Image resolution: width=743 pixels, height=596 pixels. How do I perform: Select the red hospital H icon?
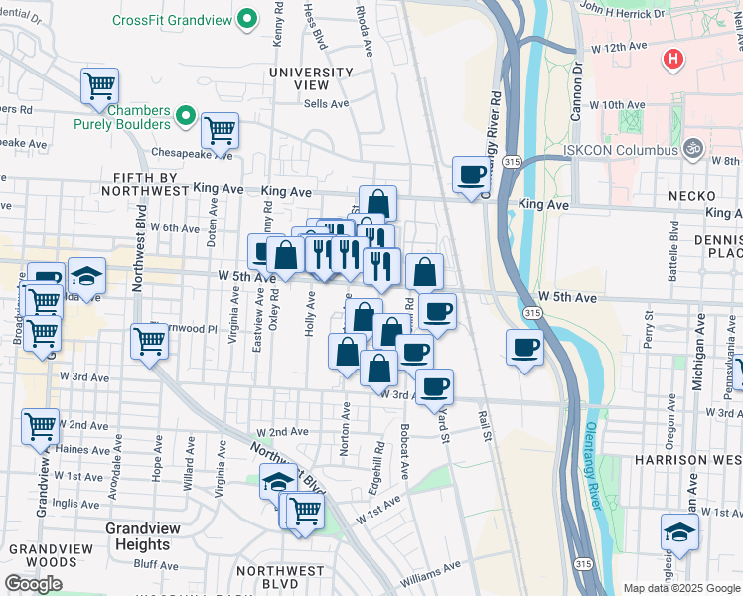673,60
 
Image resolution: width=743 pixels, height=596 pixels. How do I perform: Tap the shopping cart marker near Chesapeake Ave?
220,129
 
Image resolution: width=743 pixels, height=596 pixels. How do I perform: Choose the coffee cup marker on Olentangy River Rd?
471,174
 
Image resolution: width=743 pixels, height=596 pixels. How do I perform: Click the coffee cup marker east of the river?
524,347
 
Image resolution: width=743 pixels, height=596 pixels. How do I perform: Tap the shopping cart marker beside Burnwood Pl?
149,341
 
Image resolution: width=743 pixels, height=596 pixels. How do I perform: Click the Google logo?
33,584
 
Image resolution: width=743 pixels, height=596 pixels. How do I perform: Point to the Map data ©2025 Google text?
680,588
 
